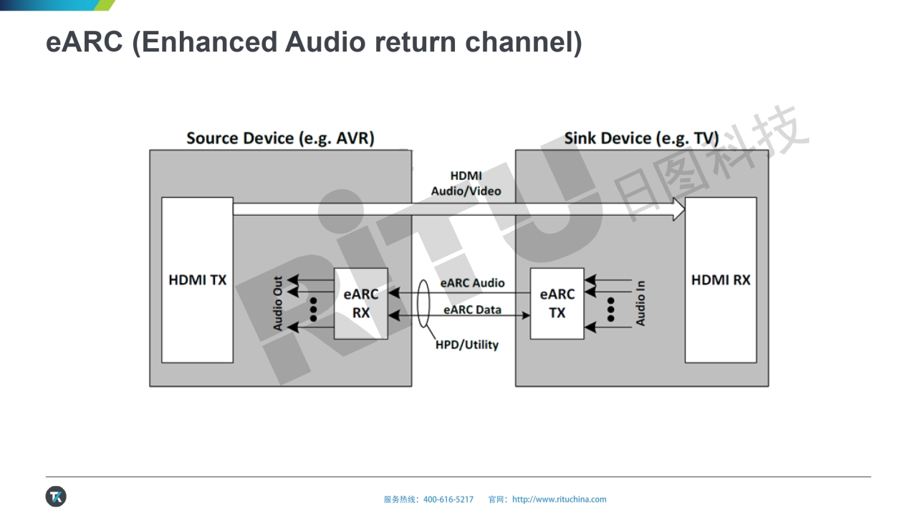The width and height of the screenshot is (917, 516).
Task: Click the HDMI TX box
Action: point(197,280)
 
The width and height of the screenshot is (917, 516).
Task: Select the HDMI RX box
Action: point(721,280)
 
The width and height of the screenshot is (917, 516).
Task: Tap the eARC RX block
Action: point(361,303)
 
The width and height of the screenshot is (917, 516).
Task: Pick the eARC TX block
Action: point(557,303)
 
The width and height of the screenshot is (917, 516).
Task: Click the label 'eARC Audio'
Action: point(472,283)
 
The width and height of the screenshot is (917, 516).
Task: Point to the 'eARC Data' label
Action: point(472,310)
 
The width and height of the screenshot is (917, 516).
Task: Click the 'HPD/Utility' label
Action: point(467,345)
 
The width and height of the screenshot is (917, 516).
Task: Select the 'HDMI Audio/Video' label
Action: point(466,183)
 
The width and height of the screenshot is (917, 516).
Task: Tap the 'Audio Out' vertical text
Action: point(278,304)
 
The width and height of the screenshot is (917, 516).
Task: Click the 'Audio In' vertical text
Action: point(640,303)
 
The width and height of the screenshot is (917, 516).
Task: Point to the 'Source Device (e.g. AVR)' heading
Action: point(280,138)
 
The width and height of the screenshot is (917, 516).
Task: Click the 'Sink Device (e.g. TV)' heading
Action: point(641,138)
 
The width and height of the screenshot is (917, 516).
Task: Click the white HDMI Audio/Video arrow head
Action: point(678,209)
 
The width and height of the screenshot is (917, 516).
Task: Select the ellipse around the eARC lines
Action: point(423,303)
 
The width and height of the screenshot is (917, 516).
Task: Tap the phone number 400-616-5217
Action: point(448,500)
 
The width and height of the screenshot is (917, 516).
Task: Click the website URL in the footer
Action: point(559,500)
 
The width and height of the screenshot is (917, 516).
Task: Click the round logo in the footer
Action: point(56,496)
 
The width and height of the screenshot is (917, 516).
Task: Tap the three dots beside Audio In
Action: point(610,309)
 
